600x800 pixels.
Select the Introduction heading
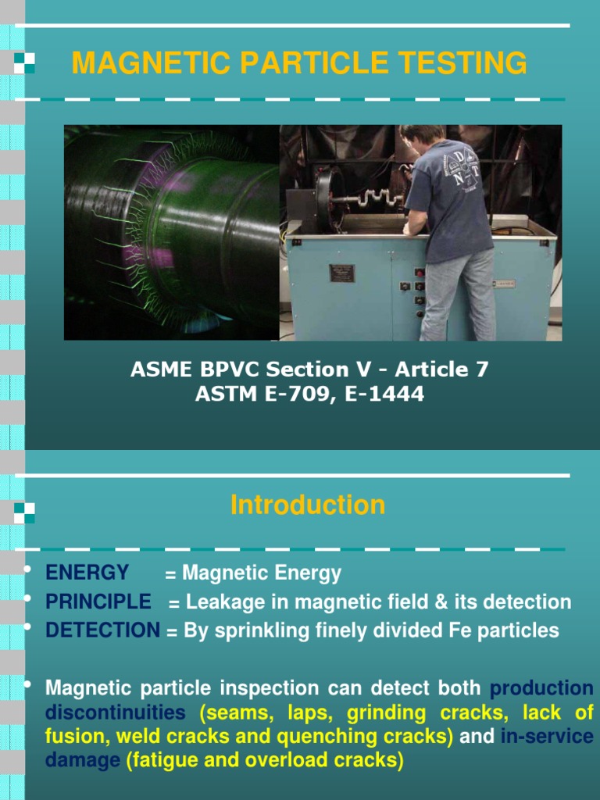tap(307, 505)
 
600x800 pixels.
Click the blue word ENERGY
tap(87, 573)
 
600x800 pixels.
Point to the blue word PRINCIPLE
tap(98, 602)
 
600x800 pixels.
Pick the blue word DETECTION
tap(102, 630)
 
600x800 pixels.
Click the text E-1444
tap(388, 395)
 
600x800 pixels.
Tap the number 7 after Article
tap(482, 370)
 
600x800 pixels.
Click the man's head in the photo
tap(423, 135)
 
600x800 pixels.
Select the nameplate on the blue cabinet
tap(341, 273)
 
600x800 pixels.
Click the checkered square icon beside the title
tap(24, 62)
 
